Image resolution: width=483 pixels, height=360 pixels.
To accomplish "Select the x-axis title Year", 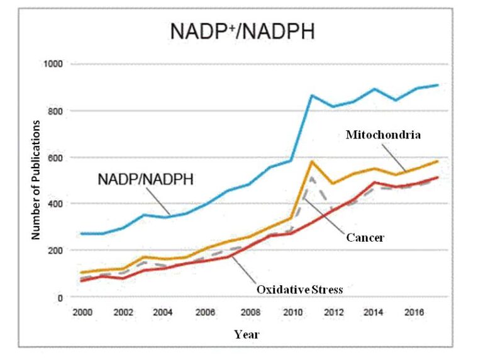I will pos(247,334).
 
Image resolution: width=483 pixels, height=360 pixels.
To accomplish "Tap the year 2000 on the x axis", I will pos(83,312).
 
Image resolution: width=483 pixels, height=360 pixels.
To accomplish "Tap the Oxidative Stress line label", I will pos(299,290).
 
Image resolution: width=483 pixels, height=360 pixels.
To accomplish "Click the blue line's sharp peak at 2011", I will pos(311,96).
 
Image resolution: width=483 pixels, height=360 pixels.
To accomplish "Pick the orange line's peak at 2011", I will pos(311,162).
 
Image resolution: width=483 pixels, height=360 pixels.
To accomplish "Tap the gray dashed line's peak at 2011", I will pos(311,179).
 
